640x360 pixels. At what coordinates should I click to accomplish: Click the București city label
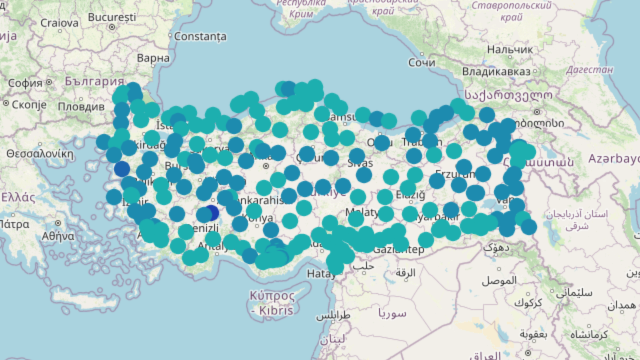click(111, 17)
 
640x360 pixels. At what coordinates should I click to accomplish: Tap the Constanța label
click(200, 36)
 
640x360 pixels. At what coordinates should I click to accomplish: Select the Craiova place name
click(59, 22)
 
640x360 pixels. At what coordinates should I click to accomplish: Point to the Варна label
click(153, 58)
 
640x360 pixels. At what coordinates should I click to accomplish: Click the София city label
click(25, 83)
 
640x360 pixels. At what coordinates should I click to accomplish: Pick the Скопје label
click(29, 104)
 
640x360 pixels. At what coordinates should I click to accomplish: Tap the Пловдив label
click(81, 106)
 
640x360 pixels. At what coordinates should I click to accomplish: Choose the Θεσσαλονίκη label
click(40, 153)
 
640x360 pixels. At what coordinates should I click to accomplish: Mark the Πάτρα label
click(14, 224)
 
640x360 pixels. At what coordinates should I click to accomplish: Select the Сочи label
click(421, 62)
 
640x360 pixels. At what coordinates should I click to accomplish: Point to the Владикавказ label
click(496, 71)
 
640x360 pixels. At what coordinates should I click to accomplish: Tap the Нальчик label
click(510, 49)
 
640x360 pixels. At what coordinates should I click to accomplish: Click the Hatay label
click(321, 273)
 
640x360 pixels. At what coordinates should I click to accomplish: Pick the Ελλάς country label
click(18, 197)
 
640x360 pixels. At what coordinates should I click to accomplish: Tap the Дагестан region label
click(589, 70)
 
